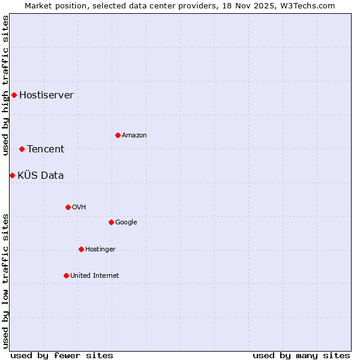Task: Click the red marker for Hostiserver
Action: pyautogui.click(x=14, y=95)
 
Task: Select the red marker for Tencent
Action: pyautogui.click(x=22, y=149)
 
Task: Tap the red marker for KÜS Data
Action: pyautogui.click(x=12, y=175)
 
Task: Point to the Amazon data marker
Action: pyautogui.click(x=118, y=135)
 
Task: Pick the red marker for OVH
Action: pyautogui.click(x=68, y=207)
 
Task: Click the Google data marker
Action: pyautogui.click(x=111, y=222)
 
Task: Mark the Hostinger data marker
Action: pyautogui.click(x=81, y=249)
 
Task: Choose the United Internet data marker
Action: pyautogui.click(x=66, y=275)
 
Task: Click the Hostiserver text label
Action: pyautogui.click(x=46, y=95)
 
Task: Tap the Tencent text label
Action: pyautogui.click(x=46, y=149)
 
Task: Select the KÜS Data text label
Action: pyautogui.click(x=40, y=175)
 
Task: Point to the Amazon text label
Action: pyautogui.click(x=134, y=135)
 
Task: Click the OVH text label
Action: pyautogui.click(x=79, y=207)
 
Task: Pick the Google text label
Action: pyautogui.click(x=126, y=222)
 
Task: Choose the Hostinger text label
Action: pyautogui.click(x=100, y=249)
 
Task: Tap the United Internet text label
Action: pyautogui.click(x=94, y=275)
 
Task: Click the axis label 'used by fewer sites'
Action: pyautogui.click(x=62, y=355)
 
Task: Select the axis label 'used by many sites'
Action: pyautogui.click(x=301, y=355)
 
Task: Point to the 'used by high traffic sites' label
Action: pyautogui.click(x=5, y=85)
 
